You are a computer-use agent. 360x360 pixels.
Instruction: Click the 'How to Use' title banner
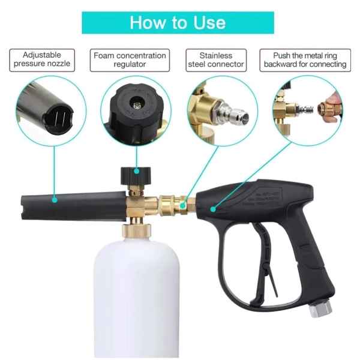click(178, 23)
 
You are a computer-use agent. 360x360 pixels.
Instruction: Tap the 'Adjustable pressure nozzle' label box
click(42, 60)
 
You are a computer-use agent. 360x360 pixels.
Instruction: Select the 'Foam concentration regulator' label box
click(130, 60)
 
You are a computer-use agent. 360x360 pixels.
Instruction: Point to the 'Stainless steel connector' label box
click(216, 60)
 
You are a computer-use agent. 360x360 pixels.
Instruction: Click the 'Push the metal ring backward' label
click(305, 60)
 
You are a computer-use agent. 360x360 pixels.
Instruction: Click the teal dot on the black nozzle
click(55, 200)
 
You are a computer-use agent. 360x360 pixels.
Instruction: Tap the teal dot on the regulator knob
click(137, 171)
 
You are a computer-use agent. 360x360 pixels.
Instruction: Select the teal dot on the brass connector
click(183, 205)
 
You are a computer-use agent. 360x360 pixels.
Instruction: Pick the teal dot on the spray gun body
click(213, 209)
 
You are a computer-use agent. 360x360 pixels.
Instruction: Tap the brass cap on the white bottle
click(136, 231)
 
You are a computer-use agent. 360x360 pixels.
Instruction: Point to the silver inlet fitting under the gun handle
click(320, 309)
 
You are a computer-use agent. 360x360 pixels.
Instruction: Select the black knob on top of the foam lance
click(136, 176)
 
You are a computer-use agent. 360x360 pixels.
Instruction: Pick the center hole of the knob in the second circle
click(137, 105)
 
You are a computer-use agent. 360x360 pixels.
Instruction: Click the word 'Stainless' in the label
click(216, 56)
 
